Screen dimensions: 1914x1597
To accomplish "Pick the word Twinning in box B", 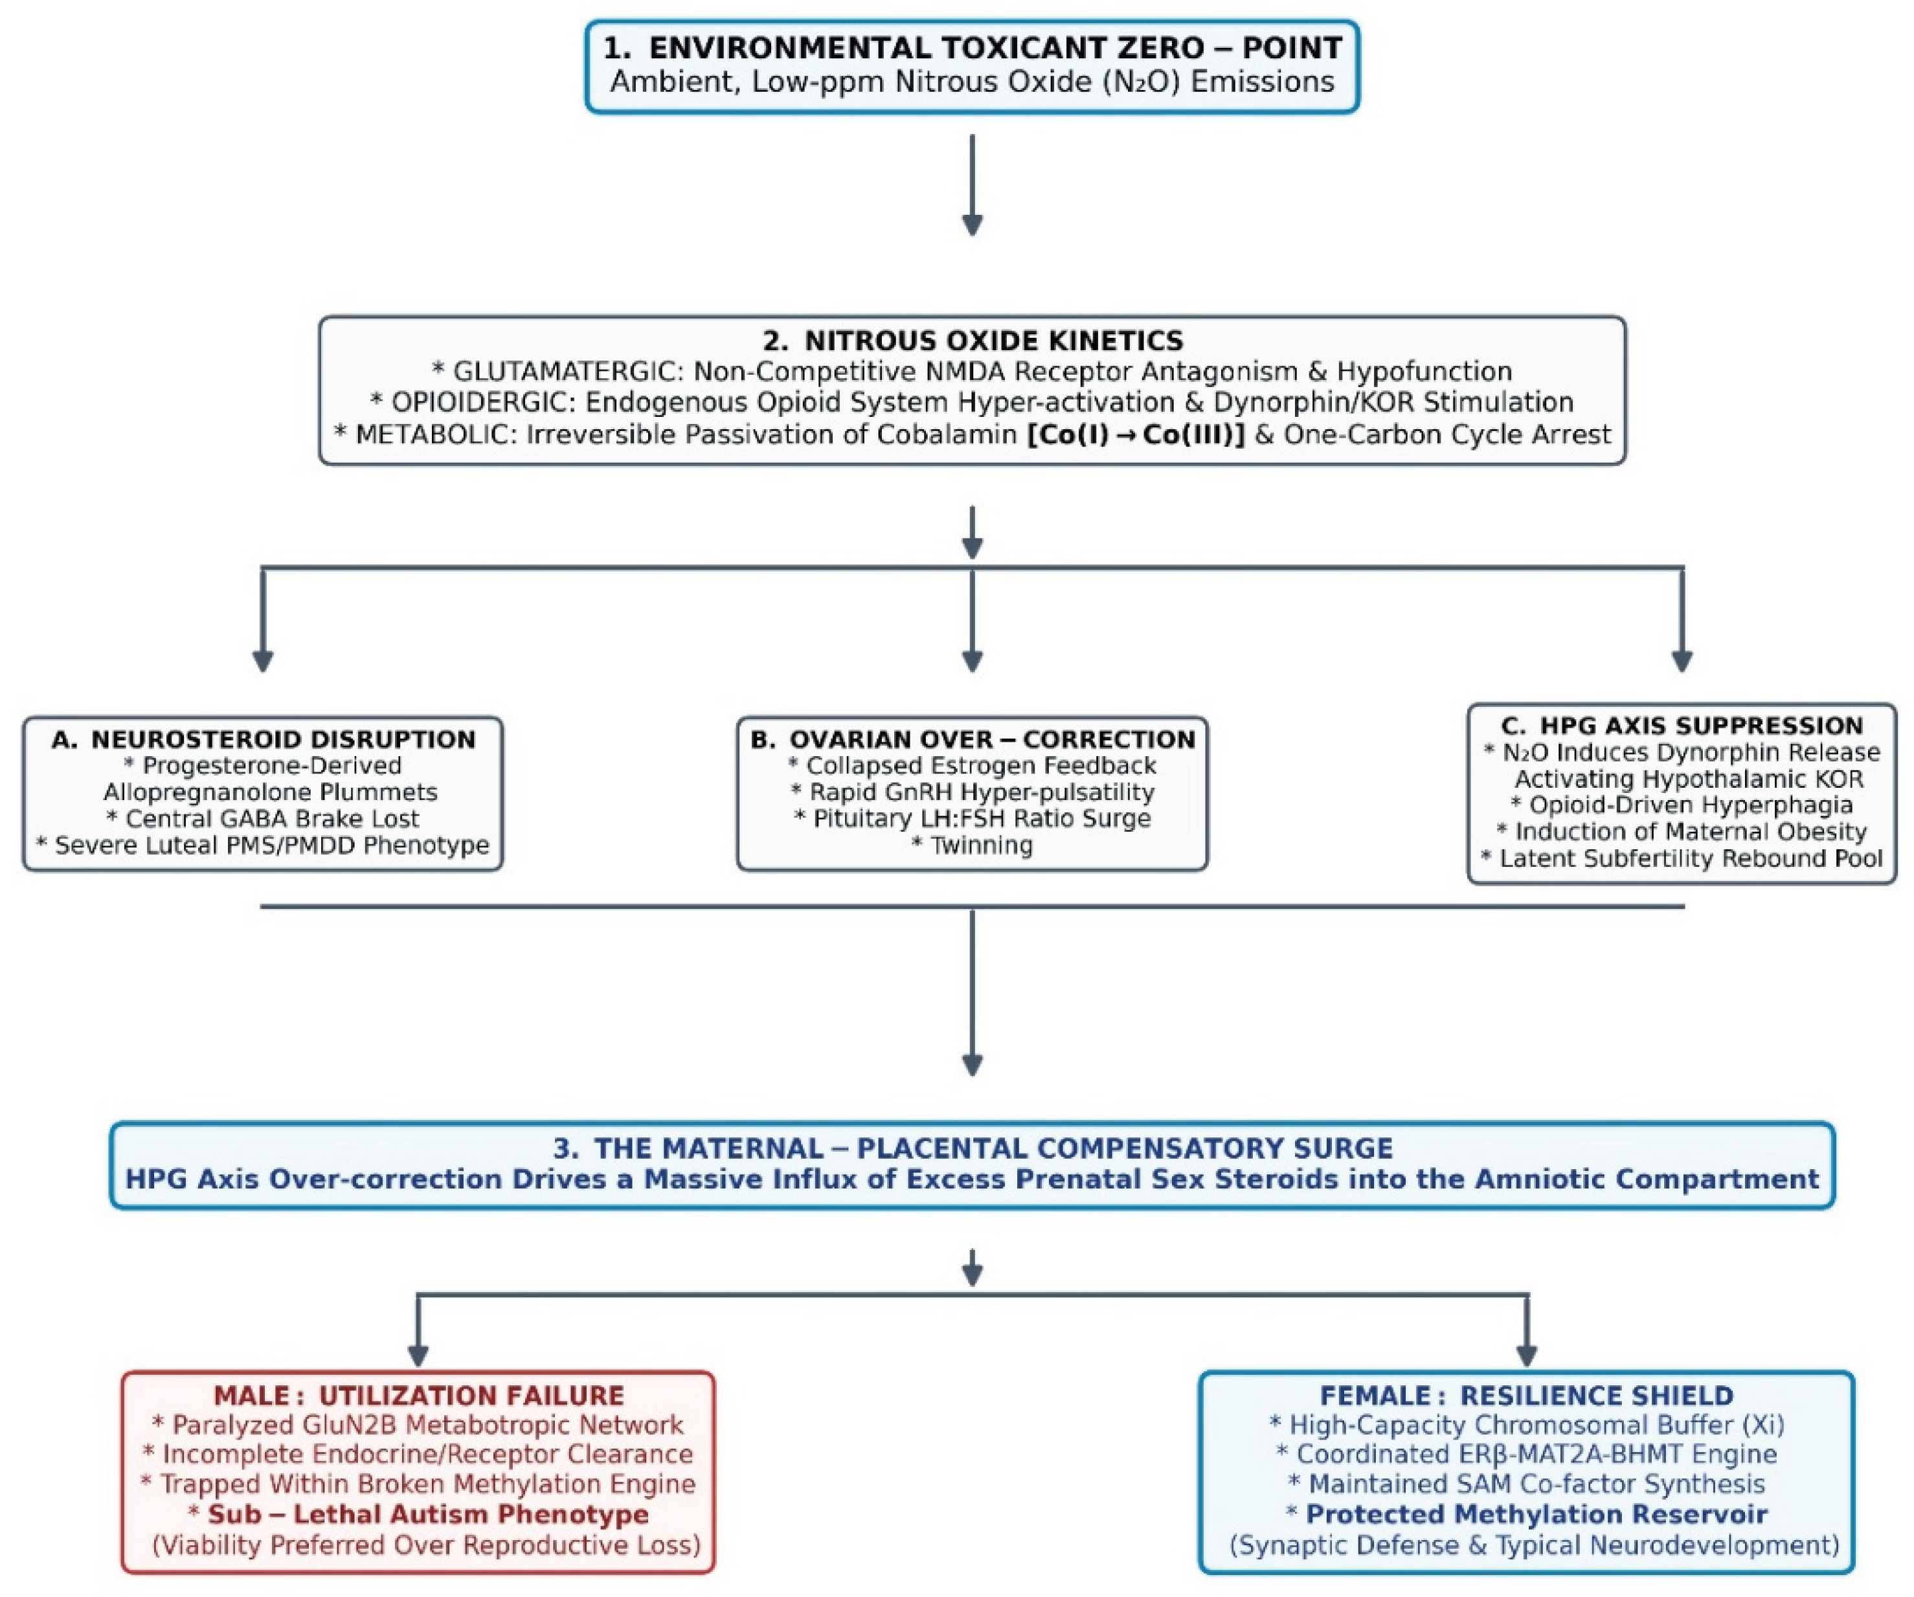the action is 982,845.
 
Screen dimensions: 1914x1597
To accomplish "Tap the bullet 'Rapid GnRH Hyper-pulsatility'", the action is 982,792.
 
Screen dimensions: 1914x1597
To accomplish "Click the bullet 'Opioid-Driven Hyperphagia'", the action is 1691,805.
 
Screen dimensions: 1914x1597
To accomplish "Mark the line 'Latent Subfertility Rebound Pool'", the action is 1691,858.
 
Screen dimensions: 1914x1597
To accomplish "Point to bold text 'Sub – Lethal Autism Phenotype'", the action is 429,1514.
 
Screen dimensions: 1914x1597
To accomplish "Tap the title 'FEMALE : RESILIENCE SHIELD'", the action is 1527,1396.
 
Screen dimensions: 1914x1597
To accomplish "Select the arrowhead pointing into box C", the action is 1682,662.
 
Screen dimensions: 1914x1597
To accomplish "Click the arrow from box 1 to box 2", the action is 973,185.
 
